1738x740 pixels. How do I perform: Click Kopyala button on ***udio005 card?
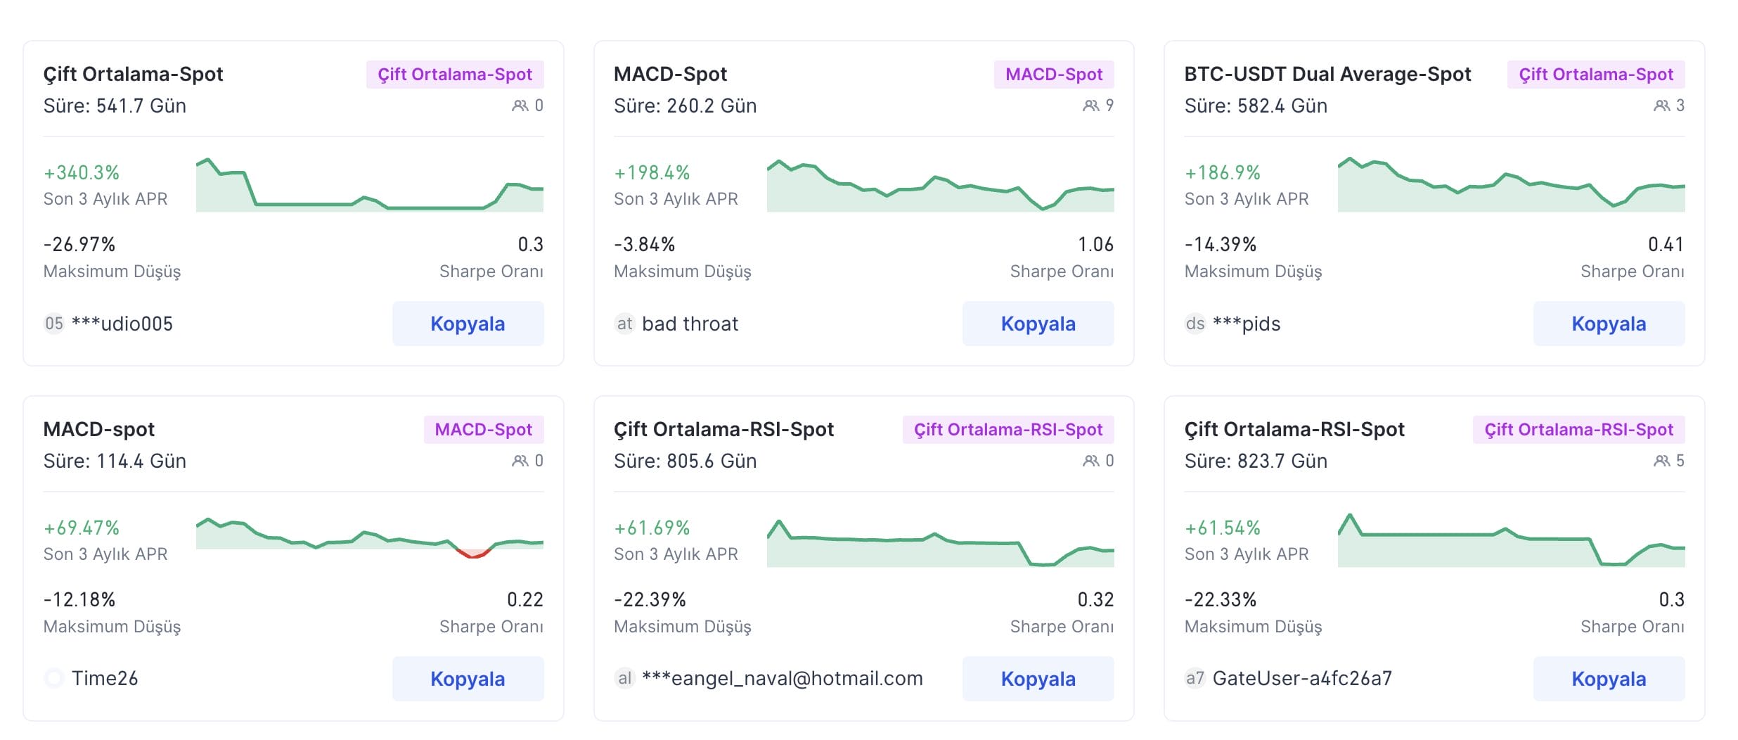pyautogui.click(x=468, y=324)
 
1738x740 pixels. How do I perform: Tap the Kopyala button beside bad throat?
pyautogui.click(x=1038, y=324)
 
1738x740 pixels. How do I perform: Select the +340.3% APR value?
pyautogui.click(x=82, y=172)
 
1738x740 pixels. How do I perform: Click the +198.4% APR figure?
pyautogui.click(x=652, y=172)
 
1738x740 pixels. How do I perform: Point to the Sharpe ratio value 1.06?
pyautogui.click(x=1095, y=244)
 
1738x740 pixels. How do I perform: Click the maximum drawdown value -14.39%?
pyautogui.click(x=1220, y=244)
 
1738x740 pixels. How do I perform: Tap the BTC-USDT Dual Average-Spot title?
pyautogui.click(x=1327, y=74)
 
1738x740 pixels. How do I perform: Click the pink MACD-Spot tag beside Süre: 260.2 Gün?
pyautogui.click(x=1053, y=75)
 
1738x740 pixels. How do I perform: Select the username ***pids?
pyautogui.click(x=1247, y=324)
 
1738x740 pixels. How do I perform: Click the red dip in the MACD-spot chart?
pyautogui.click(x=474, y=554)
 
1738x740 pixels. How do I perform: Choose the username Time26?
pyautogui.click(x=105, y=678)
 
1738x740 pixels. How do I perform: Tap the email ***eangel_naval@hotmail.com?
pyautogui.click(x=782, y=678)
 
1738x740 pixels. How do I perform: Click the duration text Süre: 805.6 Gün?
pyautogui.click(x=685, y=461)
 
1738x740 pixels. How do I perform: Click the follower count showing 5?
pyautogui.click(x=1669, y=461)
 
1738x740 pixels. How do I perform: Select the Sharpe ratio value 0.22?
pyautogui.click(x=524, y=599)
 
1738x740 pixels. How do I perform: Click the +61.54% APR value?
pyautogui.click(x=1222, y=528)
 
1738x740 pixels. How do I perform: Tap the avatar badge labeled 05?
pyautogui.click(x=54, y=324)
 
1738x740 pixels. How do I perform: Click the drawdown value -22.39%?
pyautogui.click(x=650, y=599)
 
